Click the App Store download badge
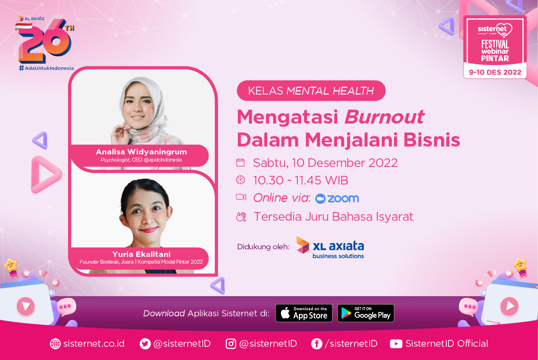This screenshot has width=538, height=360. tap(304, 313)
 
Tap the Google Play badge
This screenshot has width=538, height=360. tap(366, 313)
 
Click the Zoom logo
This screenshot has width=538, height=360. tap(337, 198)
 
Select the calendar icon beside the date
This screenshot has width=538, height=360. tap(240, 163)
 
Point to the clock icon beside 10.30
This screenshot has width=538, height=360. tap(240, 180)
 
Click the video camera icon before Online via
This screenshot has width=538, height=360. tap(241, 197)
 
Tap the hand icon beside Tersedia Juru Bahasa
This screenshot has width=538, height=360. tap(241, 217)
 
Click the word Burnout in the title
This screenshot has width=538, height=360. tap(384, 117)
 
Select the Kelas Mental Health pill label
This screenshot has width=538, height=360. tap(311, 91)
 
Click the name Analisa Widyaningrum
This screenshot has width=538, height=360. tap(141, 152)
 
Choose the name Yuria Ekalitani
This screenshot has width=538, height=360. tap(141, 254)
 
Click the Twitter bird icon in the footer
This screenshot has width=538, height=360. tap(145, 344)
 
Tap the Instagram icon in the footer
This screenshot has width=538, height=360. tap(231, 344)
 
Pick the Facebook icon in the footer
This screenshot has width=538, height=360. tap(317, 344)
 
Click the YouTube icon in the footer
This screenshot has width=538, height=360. tap(396, 344)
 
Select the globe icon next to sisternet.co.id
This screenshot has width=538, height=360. tap(55, 344)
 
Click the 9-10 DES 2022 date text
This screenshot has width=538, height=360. tap(495, 72)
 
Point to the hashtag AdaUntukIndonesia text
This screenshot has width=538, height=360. tap(46, 68)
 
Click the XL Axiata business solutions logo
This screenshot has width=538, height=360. tap(330, 248)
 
